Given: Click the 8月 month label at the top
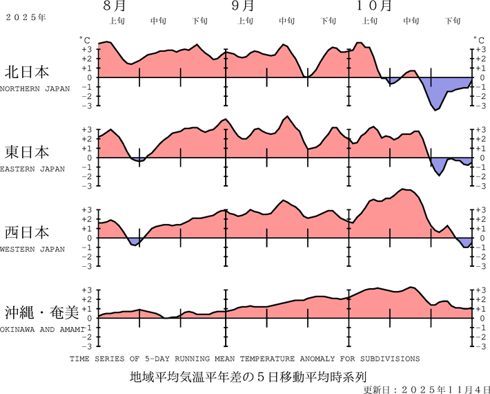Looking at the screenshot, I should pos(115,7).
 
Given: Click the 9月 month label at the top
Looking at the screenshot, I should pos(243,7).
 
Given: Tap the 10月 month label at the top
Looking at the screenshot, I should pos(375,7).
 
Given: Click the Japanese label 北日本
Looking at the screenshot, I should pos(27,72).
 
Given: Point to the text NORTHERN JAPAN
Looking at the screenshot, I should pos(35,88).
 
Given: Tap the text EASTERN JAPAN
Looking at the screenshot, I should pos(32,169).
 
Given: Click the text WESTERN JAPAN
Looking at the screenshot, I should pos(32,249).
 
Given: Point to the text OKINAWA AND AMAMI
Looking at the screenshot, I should pos(42,329).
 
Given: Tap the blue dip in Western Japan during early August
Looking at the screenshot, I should pos(135,242).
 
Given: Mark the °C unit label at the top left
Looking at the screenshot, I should pos(84,41).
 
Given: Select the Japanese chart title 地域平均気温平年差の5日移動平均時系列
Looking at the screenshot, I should pos(246,377).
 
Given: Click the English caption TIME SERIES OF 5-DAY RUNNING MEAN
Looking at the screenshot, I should pos(244,359).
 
